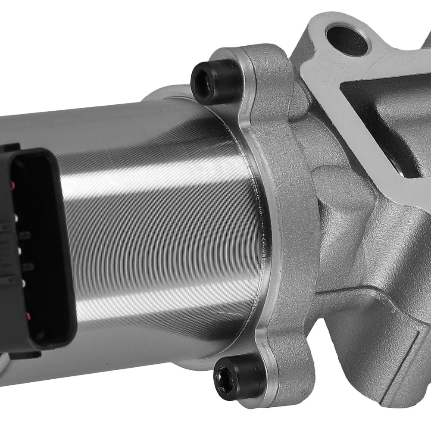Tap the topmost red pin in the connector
point(13,185)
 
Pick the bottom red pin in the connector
point(28,316)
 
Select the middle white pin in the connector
point(19,251)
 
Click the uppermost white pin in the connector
point(16,218)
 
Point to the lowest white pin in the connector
point(23,283)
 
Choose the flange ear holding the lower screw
point(276,366)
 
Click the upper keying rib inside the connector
point(25,235)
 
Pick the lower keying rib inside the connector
point(28,267)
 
